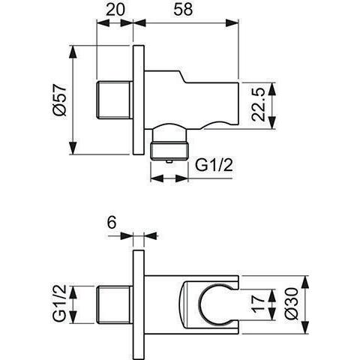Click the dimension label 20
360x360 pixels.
(x=115, y=10)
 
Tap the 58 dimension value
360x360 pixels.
(x=183, y=10)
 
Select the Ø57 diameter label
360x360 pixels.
(x=60, y=100)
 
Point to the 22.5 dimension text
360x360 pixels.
(x=258, y=105)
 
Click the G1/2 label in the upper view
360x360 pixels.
(x=214, y=165)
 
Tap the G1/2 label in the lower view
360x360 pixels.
(x=60, y=303)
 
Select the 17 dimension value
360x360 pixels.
(x=258, y=304)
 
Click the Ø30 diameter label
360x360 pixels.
(x=292, y=304)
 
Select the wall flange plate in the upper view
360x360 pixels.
(x=139, y=100)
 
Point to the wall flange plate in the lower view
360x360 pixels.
(x=139, y=304)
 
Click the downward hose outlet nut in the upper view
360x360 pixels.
(x=169, y=150)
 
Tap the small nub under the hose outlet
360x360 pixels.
(x=169, y=162)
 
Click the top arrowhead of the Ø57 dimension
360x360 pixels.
(x=73, y=52)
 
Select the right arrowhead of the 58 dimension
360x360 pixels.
(x=232, y=23)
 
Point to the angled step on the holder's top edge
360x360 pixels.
(x=182, y=76)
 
